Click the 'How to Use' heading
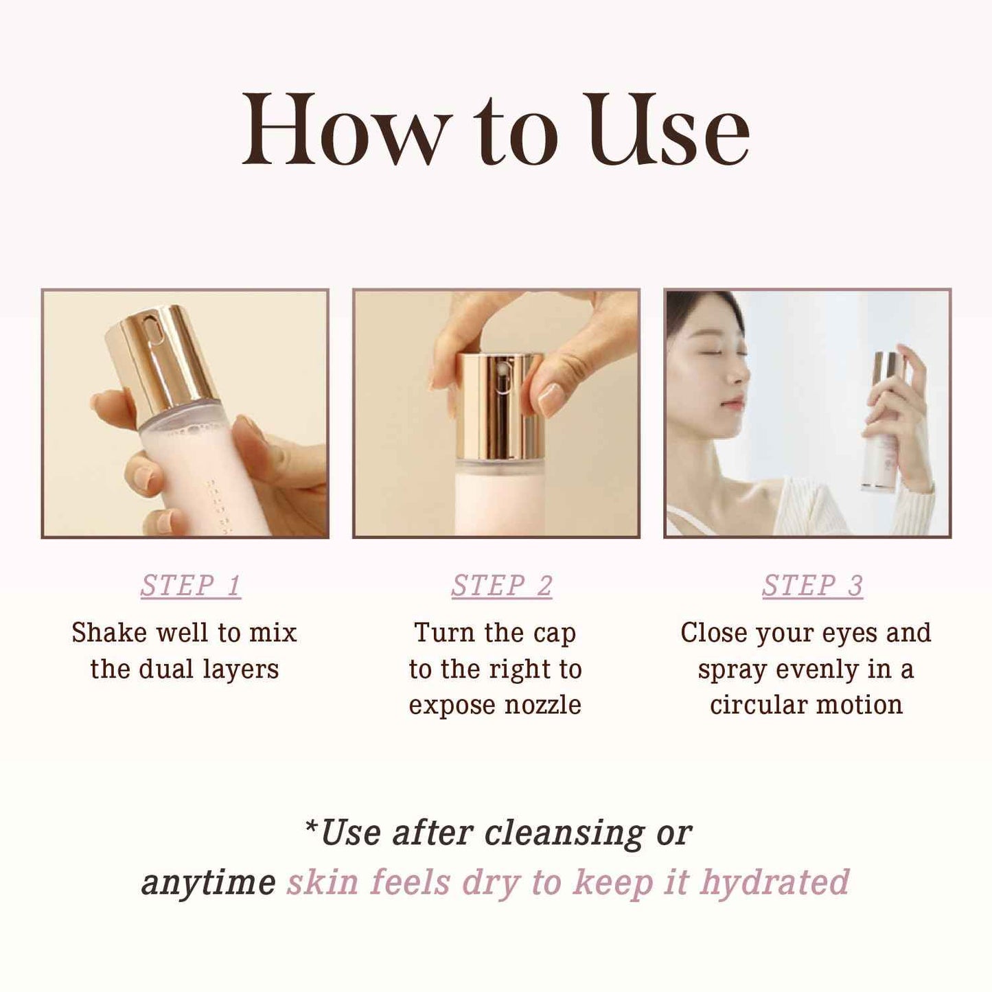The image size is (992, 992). point(496,131)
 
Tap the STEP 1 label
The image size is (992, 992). point(191,586)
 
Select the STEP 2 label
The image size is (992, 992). point(502,586)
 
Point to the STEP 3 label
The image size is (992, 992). point(812,586)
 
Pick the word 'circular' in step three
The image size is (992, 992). point(758,705)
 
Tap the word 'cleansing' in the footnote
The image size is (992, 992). point(564,833)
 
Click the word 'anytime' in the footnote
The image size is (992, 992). point(208,882)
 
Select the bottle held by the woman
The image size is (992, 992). point(882,426)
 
